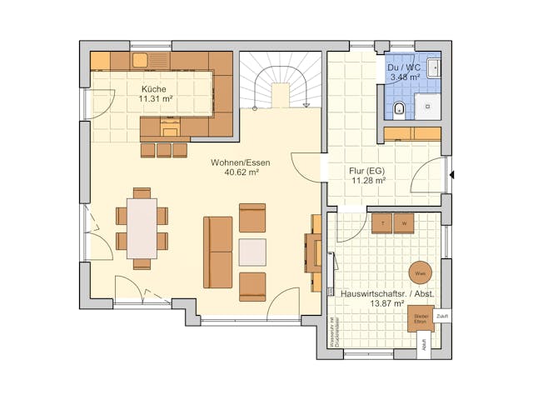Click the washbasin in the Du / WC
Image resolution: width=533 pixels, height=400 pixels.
point(435,67)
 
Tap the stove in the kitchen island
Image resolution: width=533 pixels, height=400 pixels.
point(171,126)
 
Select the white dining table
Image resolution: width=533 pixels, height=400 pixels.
point(142,228)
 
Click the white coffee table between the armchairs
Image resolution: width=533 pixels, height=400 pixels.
point(252,252)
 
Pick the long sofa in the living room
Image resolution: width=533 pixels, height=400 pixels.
point(218,252)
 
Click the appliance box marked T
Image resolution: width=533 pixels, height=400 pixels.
point(382,223)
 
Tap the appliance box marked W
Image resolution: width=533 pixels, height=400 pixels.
point(404,223)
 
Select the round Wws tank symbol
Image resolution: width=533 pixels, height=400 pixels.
point(420,272)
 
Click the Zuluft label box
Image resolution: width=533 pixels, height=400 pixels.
point(441,317)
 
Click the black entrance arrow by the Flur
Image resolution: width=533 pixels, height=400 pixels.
point(452,175)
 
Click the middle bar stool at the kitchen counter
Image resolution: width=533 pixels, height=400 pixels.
point(164,150)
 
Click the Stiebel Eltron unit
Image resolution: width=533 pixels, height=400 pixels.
point(420,317)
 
